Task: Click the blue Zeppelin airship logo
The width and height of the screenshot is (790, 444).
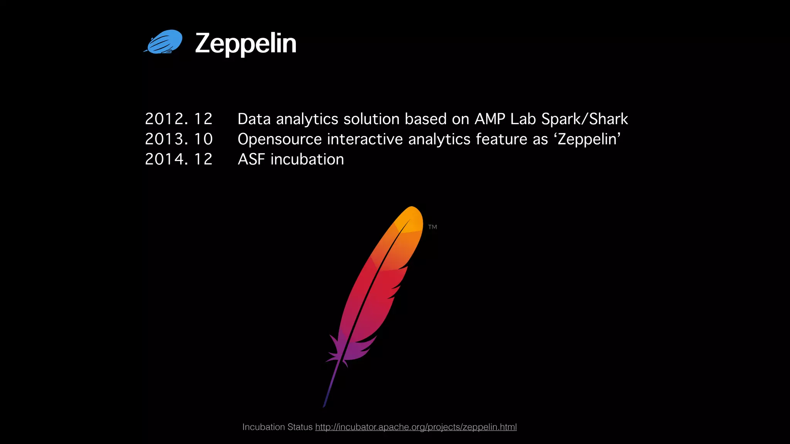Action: tap(164, 42)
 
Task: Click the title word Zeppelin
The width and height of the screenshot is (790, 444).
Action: tap(246, 43)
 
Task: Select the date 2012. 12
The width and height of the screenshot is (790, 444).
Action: tap(179, 119)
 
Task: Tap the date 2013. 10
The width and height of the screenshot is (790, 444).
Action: tap(179, 139)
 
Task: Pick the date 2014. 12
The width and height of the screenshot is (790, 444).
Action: tap(179, 159)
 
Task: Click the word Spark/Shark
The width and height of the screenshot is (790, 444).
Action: tap(584, 119)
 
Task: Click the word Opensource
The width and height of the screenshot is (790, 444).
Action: tap(280, 140)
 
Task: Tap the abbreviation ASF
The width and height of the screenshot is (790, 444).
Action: tap(251, 159)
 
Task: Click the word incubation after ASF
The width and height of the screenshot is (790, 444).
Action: tap(307, 159)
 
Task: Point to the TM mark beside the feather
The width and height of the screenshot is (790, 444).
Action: tap(432, 227)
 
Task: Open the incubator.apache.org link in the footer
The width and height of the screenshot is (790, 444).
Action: tap(416, 427)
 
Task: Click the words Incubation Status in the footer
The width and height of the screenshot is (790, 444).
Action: tap(277, 427)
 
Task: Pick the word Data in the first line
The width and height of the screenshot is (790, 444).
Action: tap(254, 119)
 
